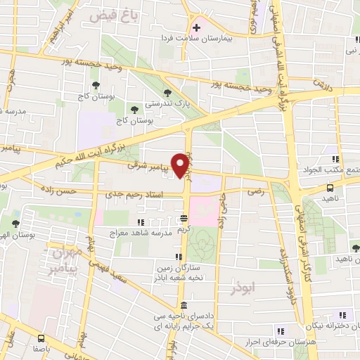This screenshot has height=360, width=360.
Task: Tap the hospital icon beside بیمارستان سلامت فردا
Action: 197,28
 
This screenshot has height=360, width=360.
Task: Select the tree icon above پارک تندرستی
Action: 167,91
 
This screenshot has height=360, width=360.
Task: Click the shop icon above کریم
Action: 184,218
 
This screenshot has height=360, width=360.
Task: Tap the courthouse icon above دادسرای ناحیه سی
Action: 184,305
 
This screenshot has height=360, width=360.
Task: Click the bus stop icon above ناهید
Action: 330,188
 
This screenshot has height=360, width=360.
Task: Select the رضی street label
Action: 253,191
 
